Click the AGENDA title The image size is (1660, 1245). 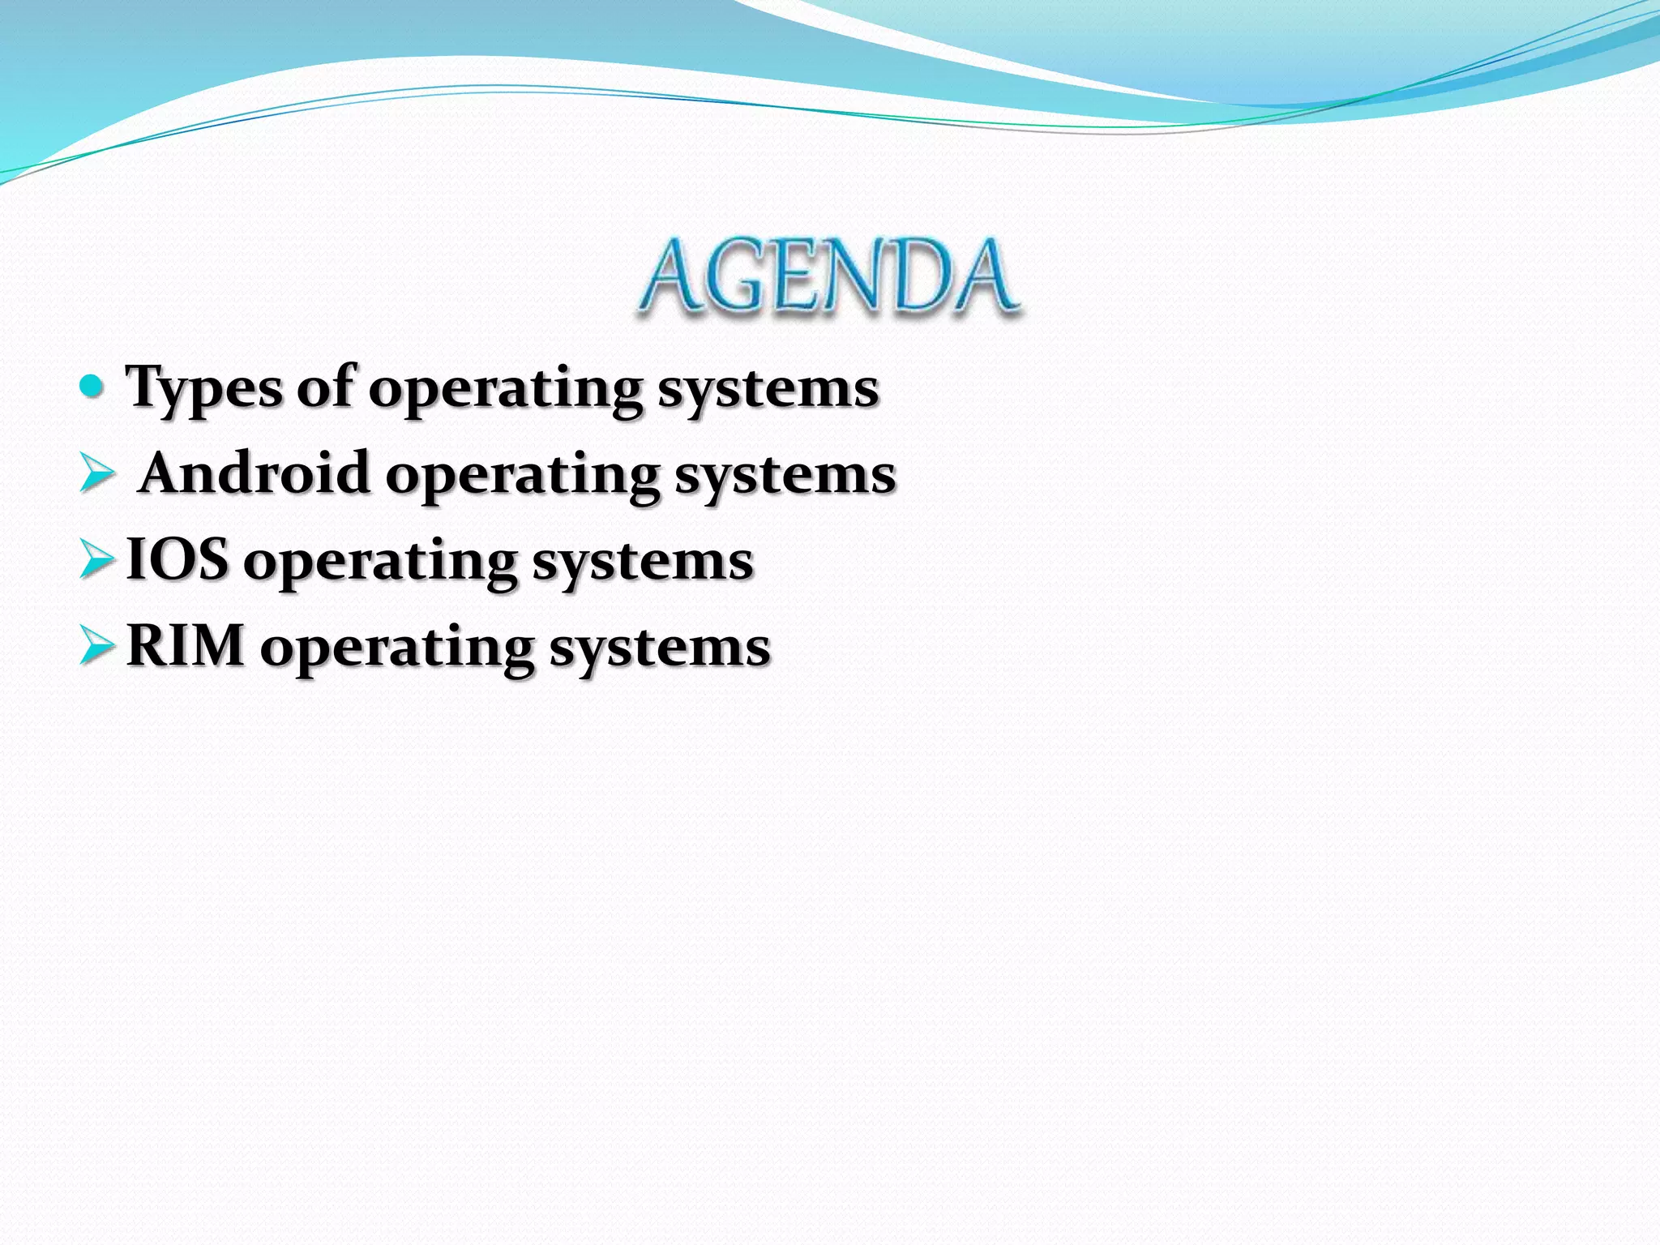tap(828, 277)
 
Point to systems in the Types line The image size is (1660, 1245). tap(768, 391)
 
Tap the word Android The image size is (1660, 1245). tap(255, 473)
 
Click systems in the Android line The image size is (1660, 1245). tap(785, 477)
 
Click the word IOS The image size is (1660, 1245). tap(178, 559)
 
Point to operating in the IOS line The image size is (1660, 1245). tap(380, 563)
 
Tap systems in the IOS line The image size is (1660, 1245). tap(643, 563)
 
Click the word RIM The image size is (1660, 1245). tap(186, 646)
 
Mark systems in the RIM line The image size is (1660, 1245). tap(660, 650)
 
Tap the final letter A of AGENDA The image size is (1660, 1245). tap(982, 277)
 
